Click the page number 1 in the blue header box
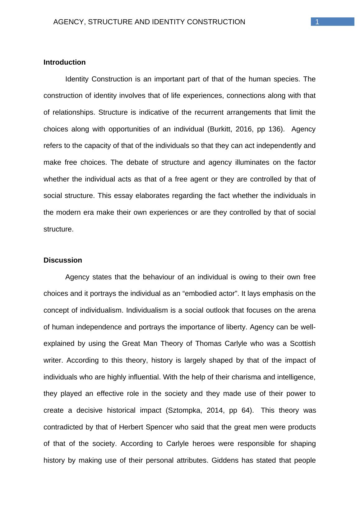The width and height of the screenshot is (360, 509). [317, 22]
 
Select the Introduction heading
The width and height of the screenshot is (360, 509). [64, 62]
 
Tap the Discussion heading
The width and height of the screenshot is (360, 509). [63, 260]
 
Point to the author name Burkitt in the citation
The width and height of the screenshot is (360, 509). [220, 129]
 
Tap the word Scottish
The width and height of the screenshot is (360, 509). [302, 344]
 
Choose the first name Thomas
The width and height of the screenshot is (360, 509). [207, 344]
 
